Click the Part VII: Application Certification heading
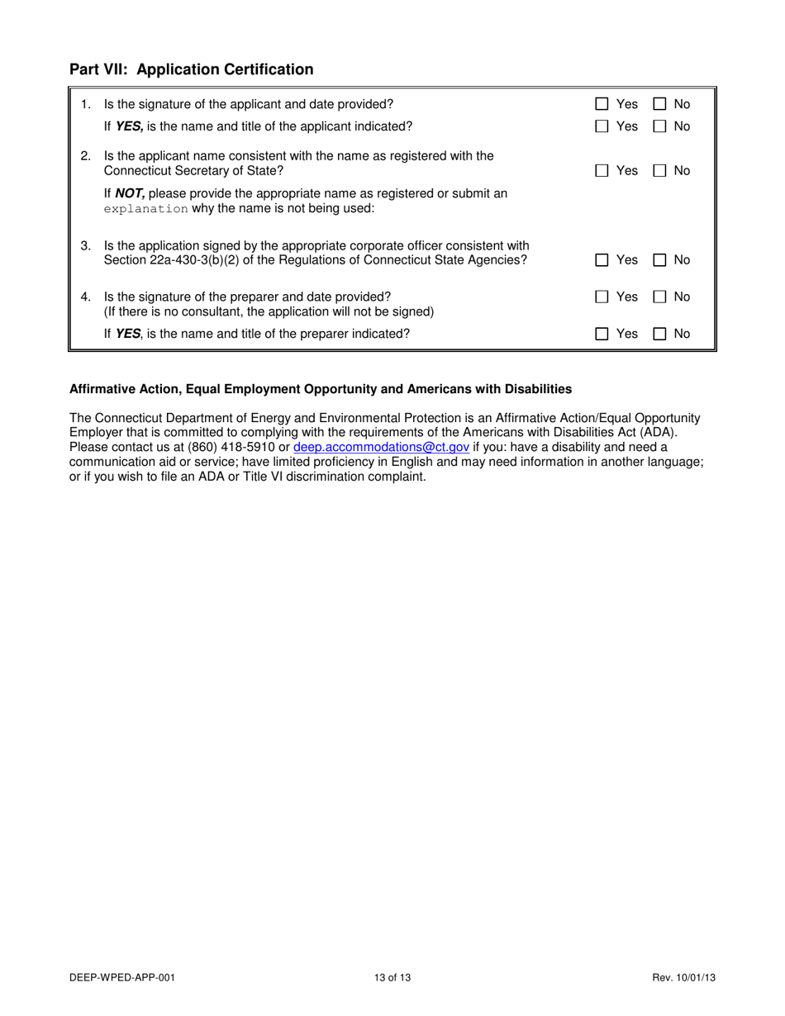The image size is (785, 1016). pos(191,69)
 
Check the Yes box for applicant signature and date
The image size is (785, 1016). pos(602,104)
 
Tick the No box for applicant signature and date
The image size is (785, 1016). pos(660,104)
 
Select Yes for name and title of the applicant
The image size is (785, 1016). pos(602,126)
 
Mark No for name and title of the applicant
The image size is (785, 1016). pos(660,126)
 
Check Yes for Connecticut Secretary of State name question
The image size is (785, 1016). pos(602,170)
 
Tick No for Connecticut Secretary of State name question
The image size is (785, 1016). pos(660,170)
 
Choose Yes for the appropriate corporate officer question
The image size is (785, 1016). pos(602,259)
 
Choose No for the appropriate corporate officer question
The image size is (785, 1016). pos(660,259)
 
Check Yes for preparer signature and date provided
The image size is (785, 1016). pos(602,297)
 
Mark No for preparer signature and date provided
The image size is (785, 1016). pos(660,297)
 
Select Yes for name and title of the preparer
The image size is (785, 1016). pos(602,334)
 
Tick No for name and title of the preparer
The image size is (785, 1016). pos(660,334)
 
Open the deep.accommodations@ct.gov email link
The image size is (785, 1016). pos(382,447)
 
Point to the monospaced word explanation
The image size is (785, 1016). pos(146,209)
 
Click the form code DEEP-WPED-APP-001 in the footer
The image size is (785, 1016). pos(122,978)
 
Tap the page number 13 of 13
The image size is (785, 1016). pos(392,978)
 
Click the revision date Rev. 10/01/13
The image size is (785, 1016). pos(683,978)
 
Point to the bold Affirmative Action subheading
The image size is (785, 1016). pos(321,388)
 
